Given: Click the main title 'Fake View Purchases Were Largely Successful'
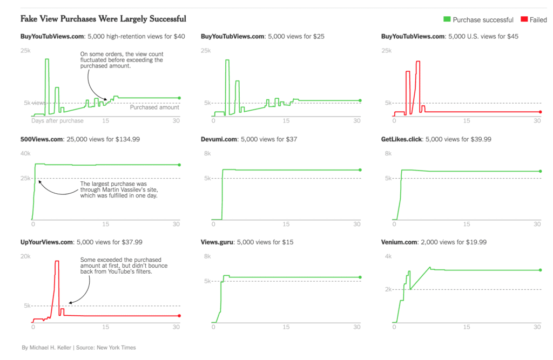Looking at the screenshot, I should click(x=103, y=19).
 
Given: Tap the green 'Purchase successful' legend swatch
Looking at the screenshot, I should click(x=447, y=20).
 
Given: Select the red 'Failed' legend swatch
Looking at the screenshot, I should click(x=523, y=20).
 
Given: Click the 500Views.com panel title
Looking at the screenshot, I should click(x=80, y=139).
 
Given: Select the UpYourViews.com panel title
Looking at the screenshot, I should click(x=81, y=242).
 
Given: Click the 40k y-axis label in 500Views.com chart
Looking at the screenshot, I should click(x=25, y=154).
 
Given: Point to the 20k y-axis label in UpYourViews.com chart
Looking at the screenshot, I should click(x=25, y=257).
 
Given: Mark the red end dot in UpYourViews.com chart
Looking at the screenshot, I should click(x=179, y=316).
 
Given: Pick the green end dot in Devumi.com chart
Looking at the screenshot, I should click(x=360, y=170).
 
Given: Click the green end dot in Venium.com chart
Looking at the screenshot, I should click(x=540, y=270).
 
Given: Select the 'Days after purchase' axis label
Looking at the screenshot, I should click(x=57, y=121).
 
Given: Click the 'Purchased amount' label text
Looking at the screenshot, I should click(x=154, y=107).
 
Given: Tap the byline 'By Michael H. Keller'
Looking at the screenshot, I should click(x=47, y=348).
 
